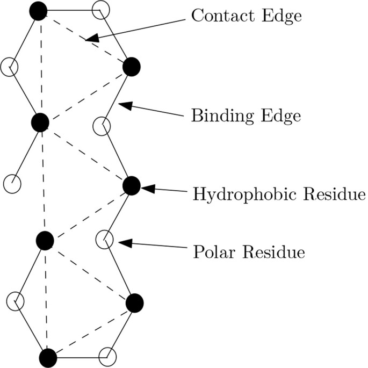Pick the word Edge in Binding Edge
[x=282, y=116]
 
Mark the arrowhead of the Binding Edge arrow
[x=123, y=104]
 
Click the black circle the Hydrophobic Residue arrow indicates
[x=132, y=185]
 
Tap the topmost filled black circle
[x=38, y=11]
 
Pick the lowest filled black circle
[x=48, y=357]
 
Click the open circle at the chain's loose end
[x=12, y=184]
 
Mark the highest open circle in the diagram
[x=102, y=10]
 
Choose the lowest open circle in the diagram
[x=108, y=356]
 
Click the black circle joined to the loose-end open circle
[x=40, y=122]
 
